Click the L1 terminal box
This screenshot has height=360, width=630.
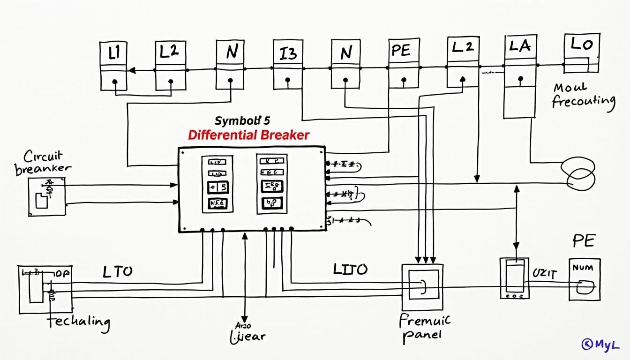[114, 66]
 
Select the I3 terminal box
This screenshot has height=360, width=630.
[287, 65]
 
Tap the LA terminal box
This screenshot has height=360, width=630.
[519, 77]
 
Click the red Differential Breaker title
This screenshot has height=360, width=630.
[248, 135]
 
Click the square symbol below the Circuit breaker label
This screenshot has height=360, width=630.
[46, 196]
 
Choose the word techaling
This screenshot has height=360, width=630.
[78, 322]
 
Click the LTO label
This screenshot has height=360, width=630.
[117, 271]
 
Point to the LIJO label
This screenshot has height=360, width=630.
[350, 269]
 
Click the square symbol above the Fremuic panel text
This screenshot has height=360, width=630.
[422, 287]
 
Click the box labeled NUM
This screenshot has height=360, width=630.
[584, 279]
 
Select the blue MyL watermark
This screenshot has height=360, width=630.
[600, 345]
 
